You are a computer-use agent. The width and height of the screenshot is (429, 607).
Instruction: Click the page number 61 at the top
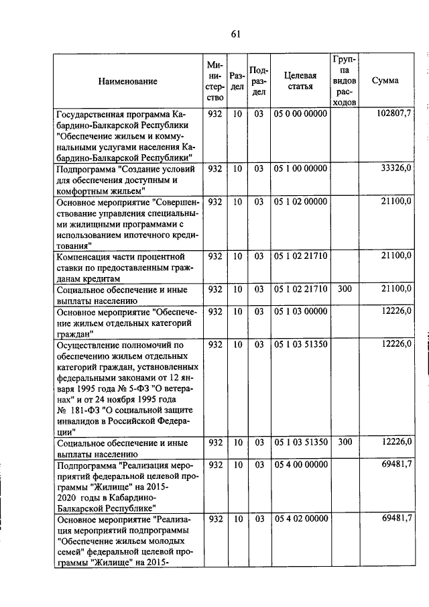[235, 34]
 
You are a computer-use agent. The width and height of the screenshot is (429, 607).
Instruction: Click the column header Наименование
[128, 81]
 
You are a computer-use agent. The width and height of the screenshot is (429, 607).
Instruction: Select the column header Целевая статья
[300, 81]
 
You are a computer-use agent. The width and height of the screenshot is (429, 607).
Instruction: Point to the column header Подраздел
[258, 81]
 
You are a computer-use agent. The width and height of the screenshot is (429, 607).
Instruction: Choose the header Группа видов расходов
[344, 81]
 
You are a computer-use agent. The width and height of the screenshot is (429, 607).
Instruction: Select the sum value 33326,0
[394, 168]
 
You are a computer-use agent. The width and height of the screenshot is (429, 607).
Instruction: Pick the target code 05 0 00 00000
[300, 114]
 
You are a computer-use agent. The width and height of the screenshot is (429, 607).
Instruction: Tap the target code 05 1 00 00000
[300, 168]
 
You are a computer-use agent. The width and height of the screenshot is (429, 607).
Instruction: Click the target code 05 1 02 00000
[300, 201]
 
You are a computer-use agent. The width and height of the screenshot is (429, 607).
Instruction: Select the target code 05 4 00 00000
[300, 464]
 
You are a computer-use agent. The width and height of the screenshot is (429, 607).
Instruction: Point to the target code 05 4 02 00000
[300, 518]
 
